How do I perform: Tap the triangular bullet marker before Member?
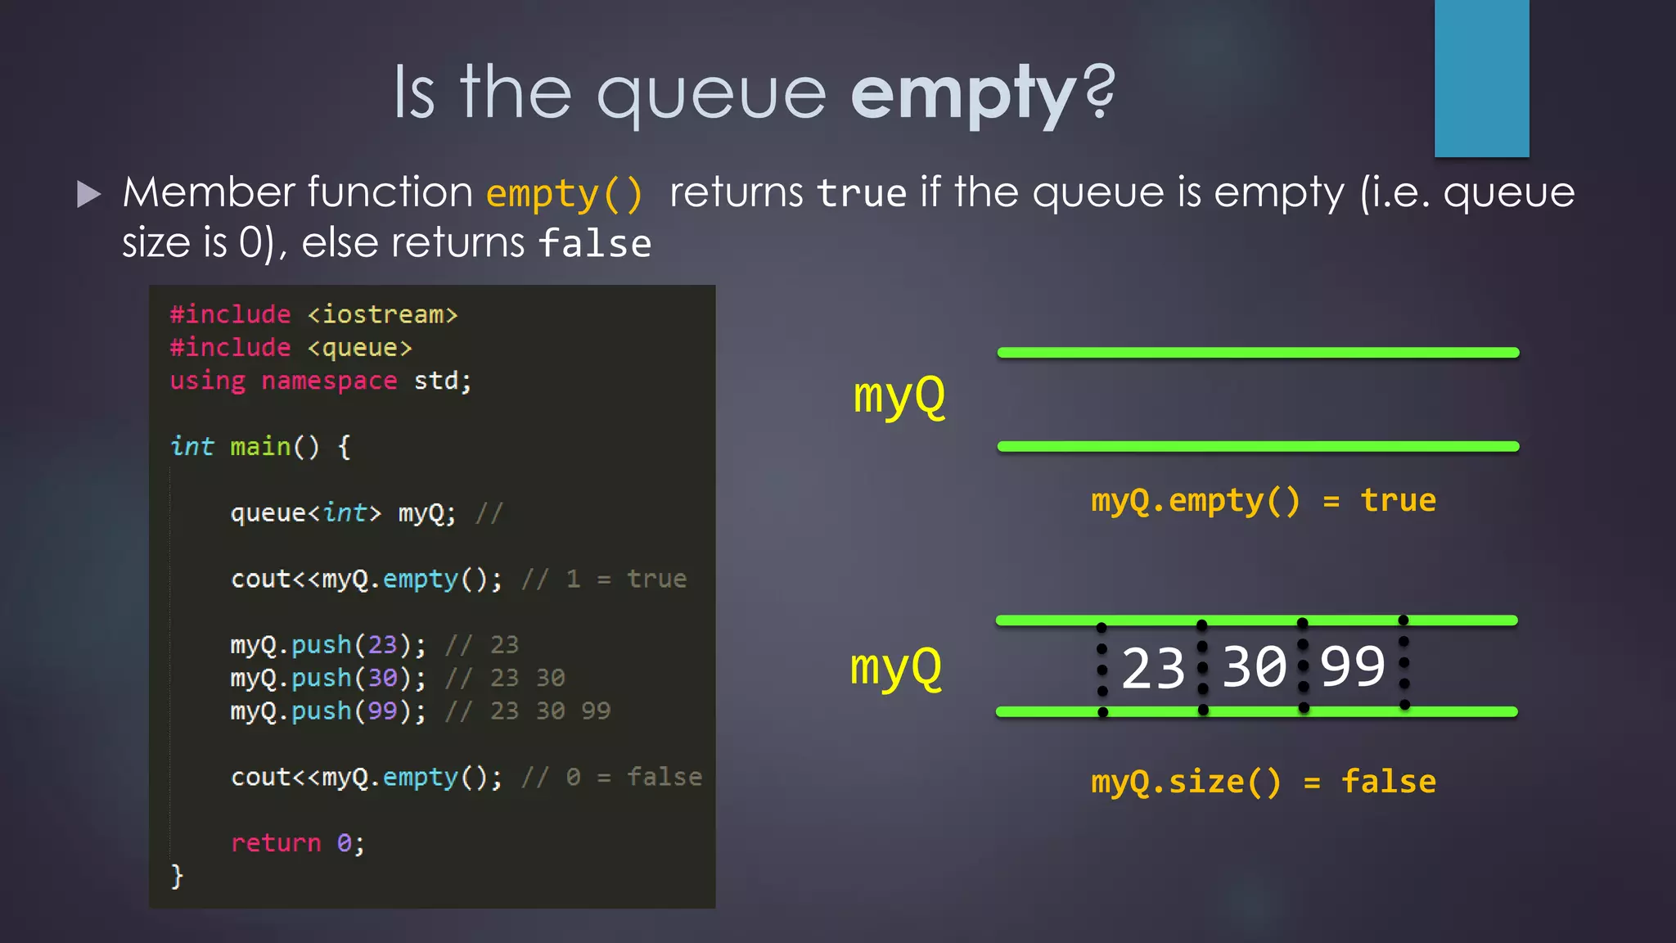pyautogui.click(x=88, y=194)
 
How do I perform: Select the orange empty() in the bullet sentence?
pyautogui.click(x=564, y=194)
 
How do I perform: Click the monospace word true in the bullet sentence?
pyautogui.click(x=862, y=194)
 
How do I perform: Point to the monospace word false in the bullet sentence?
pyautogui.click(x=595, y=244)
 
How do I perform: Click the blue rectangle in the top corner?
pyautogui.click(x=1481, y=78)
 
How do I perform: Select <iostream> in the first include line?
pyautogui.click(x=382, y=315)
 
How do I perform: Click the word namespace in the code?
pyautogui.click(x=329, y=381)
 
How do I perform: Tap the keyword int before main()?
pyautogui.click(x=191, y=447)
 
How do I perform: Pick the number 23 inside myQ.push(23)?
pyautogui.click(x=382, y=645)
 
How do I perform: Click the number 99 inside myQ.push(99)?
pyautogui.click(x=382, y=711)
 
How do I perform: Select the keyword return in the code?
pyautogui.click(x=276, y=843)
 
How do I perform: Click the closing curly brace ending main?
pyautogui.click(x=177, y=876)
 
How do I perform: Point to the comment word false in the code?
pyautogui.click(x=664, y=777)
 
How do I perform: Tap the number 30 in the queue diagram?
pyautogui.click(x=1254, y=667)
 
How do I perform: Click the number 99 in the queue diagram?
pyautogui.click(x=1352, y=667)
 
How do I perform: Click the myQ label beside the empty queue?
pyautogui.click(x=899, y=397)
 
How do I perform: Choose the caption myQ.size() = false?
pyautogui.click(x=1263, y=782)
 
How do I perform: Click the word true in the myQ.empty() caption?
pyautogui.click(x=1398, y=500)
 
